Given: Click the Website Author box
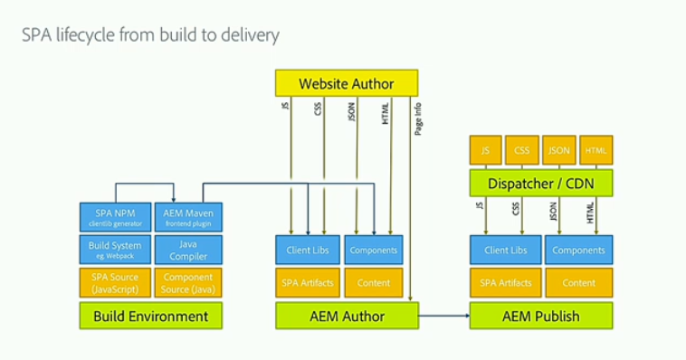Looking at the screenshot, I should pyautogui.click(x=347, y=83).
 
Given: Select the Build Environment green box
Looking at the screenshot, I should pyautogui.click(x=150, y=316).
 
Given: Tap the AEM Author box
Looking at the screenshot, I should pyautogui.click(x=347, y=316).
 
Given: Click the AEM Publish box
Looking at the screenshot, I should pyautogui.click(x=541, y=316).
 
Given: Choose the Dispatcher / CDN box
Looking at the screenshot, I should pyautogui.click(x=541, y=184).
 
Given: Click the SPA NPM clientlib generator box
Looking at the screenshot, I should pyautogui.click(x=114, y=217).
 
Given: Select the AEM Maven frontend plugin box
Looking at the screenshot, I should pyautogui.click(x=188, y=217).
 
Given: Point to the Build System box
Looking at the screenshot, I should pyautogui.click(x=114, y=250).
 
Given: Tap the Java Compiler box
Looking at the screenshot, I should pyautogui.click(x=188, y=250).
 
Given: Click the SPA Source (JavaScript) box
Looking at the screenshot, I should pyautogui.click(x=114, y=282).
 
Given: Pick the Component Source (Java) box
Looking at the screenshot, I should pyautogui.click(x=188, y=282).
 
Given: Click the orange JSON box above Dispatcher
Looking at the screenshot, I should pyautogui.click(x=559, y=150).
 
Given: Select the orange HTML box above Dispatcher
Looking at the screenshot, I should pyautogui.click(x=595, y=150).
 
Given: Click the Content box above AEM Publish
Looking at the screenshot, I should pyautogui.click(x=578, y=282).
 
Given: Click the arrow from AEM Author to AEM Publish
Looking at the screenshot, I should pyautogui.click(x=443, y=316).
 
